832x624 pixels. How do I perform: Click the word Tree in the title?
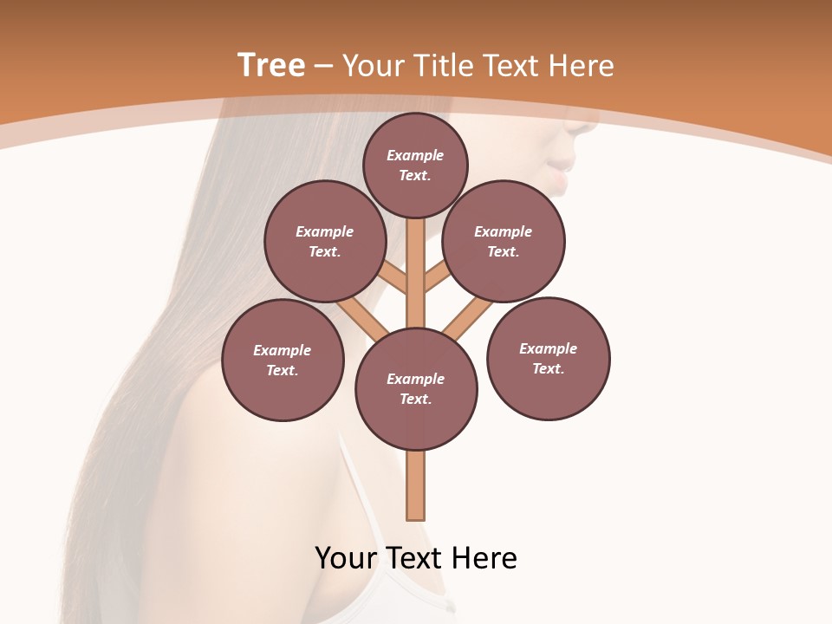click(271, 65)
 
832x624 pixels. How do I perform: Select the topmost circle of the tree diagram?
click(415, 165)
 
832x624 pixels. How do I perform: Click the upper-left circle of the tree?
click(325, 241)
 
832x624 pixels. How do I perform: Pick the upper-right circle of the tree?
click(504, 241)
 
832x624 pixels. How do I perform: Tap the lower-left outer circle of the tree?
click(283, 360)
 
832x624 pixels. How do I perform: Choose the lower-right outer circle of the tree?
click(549, 358)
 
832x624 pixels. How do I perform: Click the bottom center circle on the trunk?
click(416, 388)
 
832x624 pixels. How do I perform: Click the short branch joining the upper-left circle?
click(393, 278)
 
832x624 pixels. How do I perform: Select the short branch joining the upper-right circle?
click(437, 278)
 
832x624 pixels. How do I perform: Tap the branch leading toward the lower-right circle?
click(466, 318)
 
